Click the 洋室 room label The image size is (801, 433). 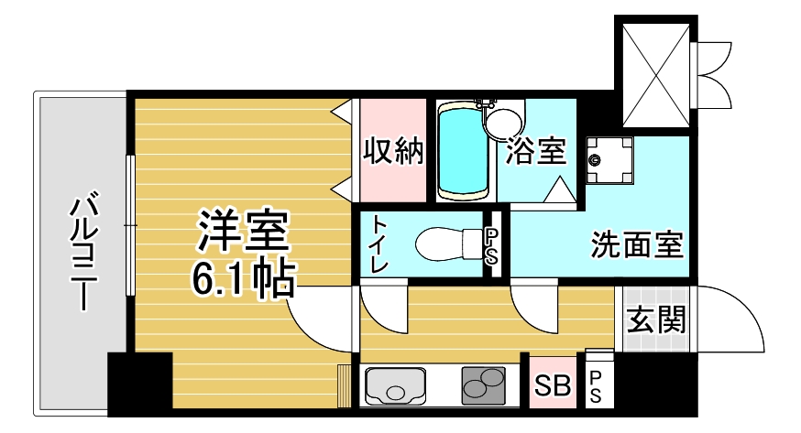click(x=243, y=232)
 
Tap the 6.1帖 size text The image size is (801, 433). click(x=243, y=278)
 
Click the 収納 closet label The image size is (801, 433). click(x=393, y=150)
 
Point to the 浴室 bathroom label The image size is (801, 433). click(x=536, y=150)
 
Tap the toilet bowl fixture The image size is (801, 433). click(x=448, y=244)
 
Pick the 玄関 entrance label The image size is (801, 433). click(x=656, y=319)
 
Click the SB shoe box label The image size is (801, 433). click(x=553, y=384)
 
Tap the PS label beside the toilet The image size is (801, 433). click(x=491, y=246)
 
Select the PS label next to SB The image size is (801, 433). click(x=596, y=386)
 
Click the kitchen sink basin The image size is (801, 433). click(x=395, y=385)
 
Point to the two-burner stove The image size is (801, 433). click(x=483, y=385)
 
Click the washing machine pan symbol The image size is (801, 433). click(x=609, y=160)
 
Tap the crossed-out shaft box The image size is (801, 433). click(x=656, y=75)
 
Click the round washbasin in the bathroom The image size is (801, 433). click(x=504, y=122)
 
